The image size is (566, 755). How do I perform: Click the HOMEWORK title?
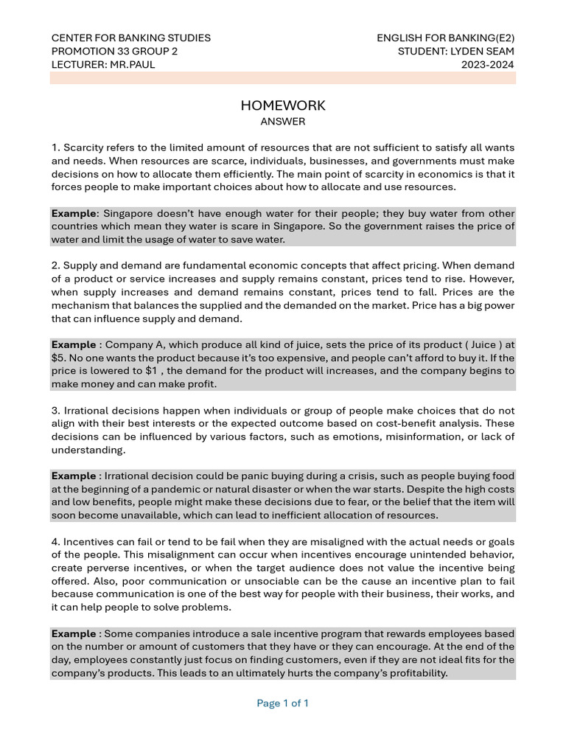pos(283,105)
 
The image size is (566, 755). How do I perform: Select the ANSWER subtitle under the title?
pos(283,121)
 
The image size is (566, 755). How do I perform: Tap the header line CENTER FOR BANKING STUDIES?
pos(130,38)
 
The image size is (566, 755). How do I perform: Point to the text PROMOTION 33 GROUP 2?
pos(114,51)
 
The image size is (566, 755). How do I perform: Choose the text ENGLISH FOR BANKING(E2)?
pos(446,38)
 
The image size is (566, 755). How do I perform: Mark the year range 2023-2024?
pos(488,64)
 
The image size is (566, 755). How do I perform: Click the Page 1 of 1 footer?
pos(283,703)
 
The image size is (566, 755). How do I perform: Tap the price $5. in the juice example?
pos(60,358)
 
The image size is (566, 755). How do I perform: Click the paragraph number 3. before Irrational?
pos(56,410)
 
